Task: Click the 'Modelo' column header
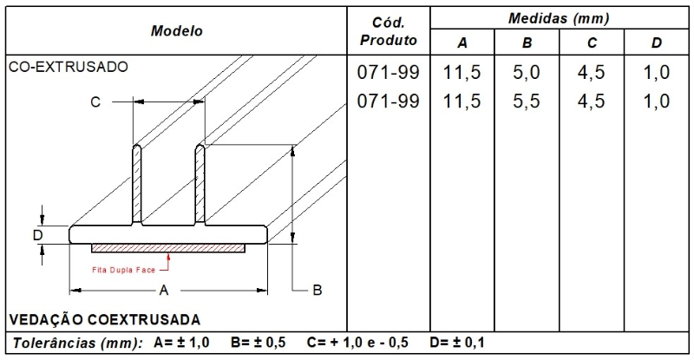[176, 30]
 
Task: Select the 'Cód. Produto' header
[388, 30]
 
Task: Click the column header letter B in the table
[527, 43]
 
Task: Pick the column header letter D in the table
[657, 43]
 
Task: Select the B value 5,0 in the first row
[527, 73]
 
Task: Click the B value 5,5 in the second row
[527, 101]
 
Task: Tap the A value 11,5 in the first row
[462, 73]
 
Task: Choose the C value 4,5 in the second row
[592, 101]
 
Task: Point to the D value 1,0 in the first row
[657, 73]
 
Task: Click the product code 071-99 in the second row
[388, 101]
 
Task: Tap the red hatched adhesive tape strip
[169, 247]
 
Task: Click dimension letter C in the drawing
[95, 102]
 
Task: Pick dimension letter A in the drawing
[163, 291]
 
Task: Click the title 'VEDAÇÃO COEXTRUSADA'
[104, 317]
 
